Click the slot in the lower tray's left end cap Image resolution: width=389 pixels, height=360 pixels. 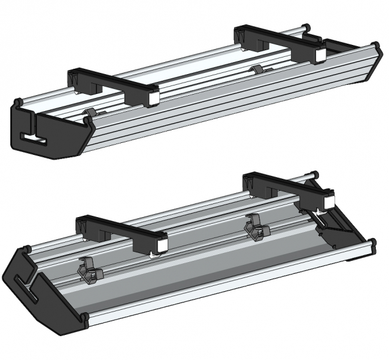pos(30,287)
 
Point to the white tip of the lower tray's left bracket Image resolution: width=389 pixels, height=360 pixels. pos(161,245)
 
